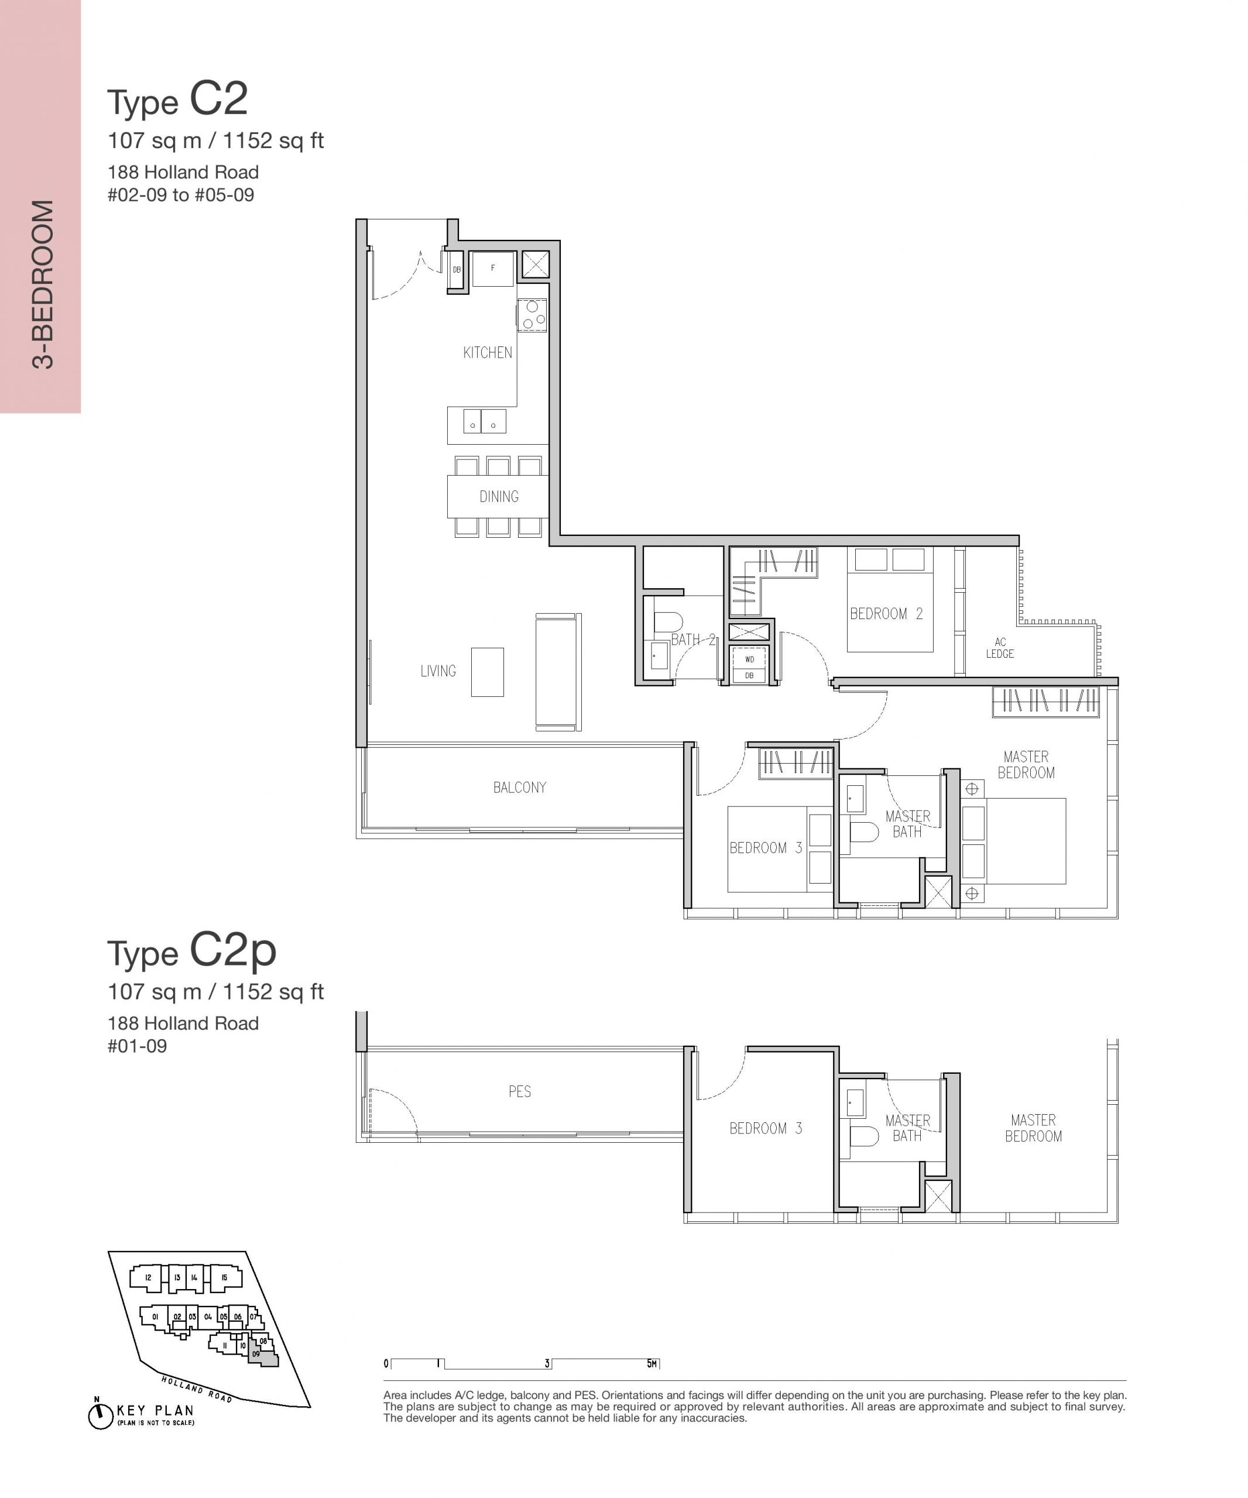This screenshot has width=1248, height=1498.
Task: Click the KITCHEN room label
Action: tap(488, 352)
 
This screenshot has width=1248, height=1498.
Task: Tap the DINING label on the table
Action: tap(499, 496)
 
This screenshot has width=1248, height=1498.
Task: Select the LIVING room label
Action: tap(438, 671)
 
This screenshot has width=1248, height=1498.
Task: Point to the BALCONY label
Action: tap(519, 788)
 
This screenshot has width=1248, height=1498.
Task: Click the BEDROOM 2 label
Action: tap(886, 613)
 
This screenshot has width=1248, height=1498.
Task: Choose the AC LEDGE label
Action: tap(1000, 648)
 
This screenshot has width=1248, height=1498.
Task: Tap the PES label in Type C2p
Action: tap(519, 1091)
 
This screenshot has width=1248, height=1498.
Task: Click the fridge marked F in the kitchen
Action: tap(492, 269)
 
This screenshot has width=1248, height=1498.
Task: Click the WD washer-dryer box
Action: tap(749, 658)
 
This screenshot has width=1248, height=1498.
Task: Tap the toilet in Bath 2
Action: tap(668, 622)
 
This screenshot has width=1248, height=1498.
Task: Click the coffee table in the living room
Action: tap(488, 672)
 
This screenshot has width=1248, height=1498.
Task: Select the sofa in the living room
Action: tap(558, 672)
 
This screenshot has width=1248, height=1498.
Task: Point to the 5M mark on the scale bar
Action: tap(652, 1363)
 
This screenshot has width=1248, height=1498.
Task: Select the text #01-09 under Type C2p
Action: tap(137, 1046)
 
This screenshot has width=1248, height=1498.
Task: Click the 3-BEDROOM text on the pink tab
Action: tap(43, 284)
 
